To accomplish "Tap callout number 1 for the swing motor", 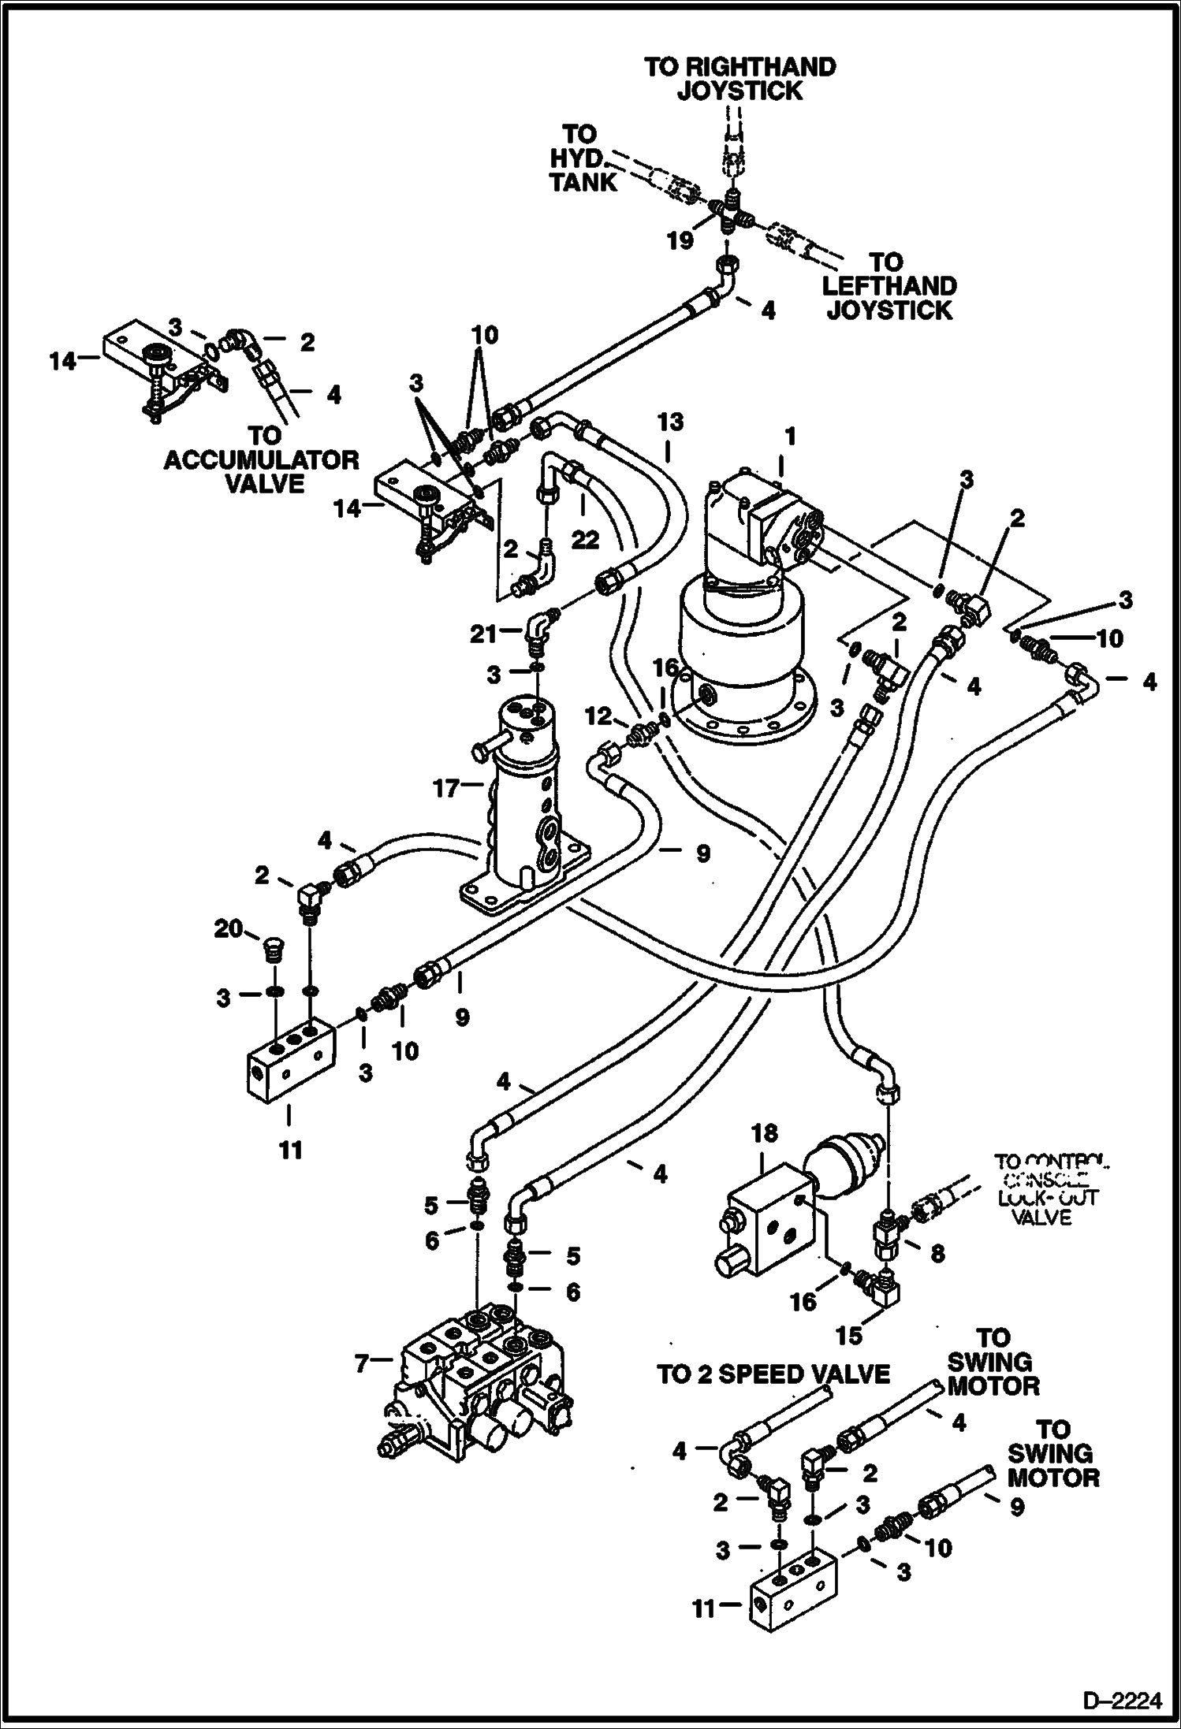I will click(x=789, y=436).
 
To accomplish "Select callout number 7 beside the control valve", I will click(x=362, y=1363).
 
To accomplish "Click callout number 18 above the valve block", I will click(x=764, y=1135).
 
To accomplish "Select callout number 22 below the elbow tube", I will click(x=585, y=540).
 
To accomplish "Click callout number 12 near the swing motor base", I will click(x=598, y=716).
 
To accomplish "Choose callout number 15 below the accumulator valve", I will click(x=849, y=1335).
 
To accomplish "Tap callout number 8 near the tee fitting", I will click(x=937, y=1253).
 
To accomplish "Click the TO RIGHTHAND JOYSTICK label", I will click(x=740, y=79).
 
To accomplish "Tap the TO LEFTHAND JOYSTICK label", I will click(x=889, y=286).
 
